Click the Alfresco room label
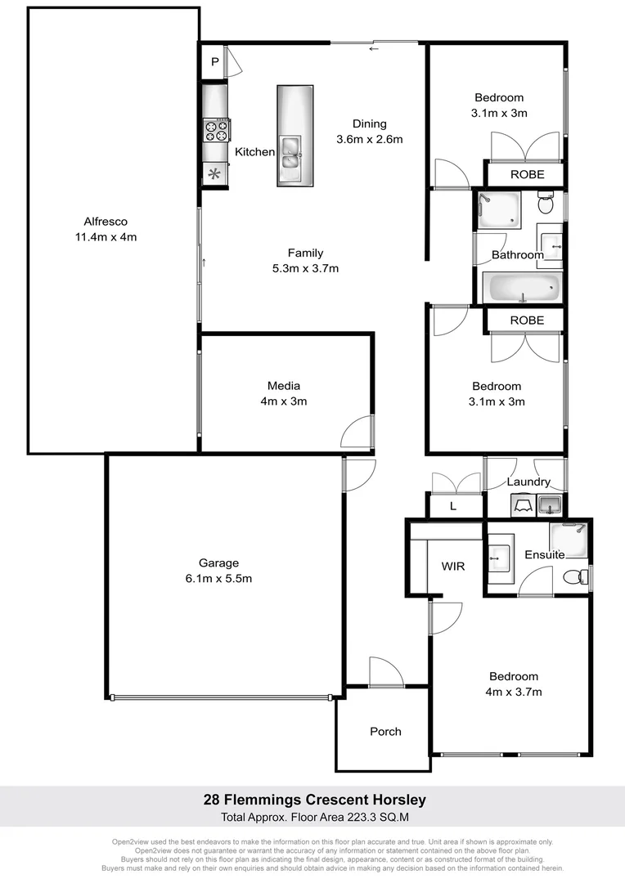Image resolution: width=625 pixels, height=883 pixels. click(106, 222)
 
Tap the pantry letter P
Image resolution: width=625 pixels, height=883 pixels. click(214, 62)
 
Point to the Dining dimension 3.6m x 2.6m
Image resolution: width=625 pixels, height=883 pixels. click(370, 139)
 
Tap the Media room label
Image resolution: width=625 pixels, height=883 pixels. click(284, 386)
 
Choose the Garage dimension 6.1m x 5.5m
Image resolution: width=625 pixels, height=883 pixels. click(218, 579)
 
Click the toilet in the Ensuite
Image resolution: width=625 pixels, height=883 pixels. click(582, 576)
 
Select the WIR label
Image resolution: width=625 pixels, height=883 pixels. click(453, 566)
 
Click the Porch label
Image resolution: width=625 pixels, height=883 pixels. click(385, 731)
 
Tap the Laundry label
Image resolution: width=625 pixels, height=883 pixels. click(528, 482)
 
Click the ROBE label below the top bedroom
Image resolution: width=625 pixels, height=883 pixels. click(526, 174)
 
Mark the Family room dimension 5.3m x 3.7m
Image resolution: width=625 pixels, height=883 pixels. click(305, 268)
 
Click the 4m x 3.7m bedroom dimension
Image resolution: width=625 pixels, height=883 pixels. click(514, 692)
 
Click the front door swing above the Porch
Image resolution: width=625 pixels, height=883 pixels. click(386, 672)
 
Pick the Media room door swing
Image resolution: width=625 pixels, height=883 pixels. click(358, 432)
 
